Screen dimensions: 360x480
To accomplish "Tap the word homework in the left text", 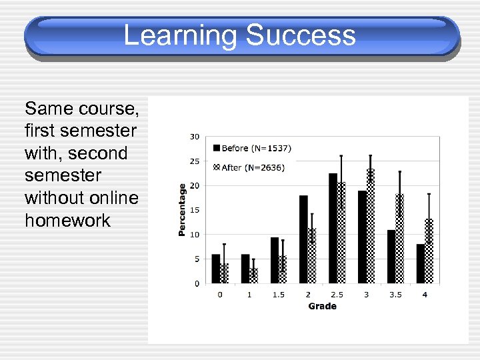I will coord(67,221).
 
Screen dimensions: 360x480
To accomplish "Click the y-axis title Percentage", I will coord(181,209).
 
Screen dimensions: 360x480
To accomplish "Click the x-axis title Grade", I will coord(322,306).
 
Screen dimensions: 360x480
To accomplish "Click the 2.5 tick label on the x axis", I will coord(337,294).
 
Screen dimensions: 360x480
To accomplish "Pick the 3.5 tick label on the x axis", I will coord(395,294).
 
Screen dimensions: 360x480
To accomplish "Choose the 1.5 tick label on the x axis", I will coord(278,294).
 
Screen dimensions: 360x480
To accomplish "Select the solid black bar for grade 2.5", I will coord(333,227).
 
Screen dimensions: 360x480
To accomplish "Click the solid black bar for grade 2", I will coord(303,239).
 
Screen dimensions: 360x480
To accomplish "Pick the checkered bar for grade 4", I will coord(429,251).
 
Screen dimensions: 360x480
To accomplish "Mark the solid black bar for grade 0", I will coord(215,269).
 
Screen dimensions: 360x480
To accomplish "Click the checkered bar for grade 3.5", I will coord(400,238).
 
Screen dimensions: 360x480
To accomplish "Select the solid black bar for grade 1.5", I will coord(274,260).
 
